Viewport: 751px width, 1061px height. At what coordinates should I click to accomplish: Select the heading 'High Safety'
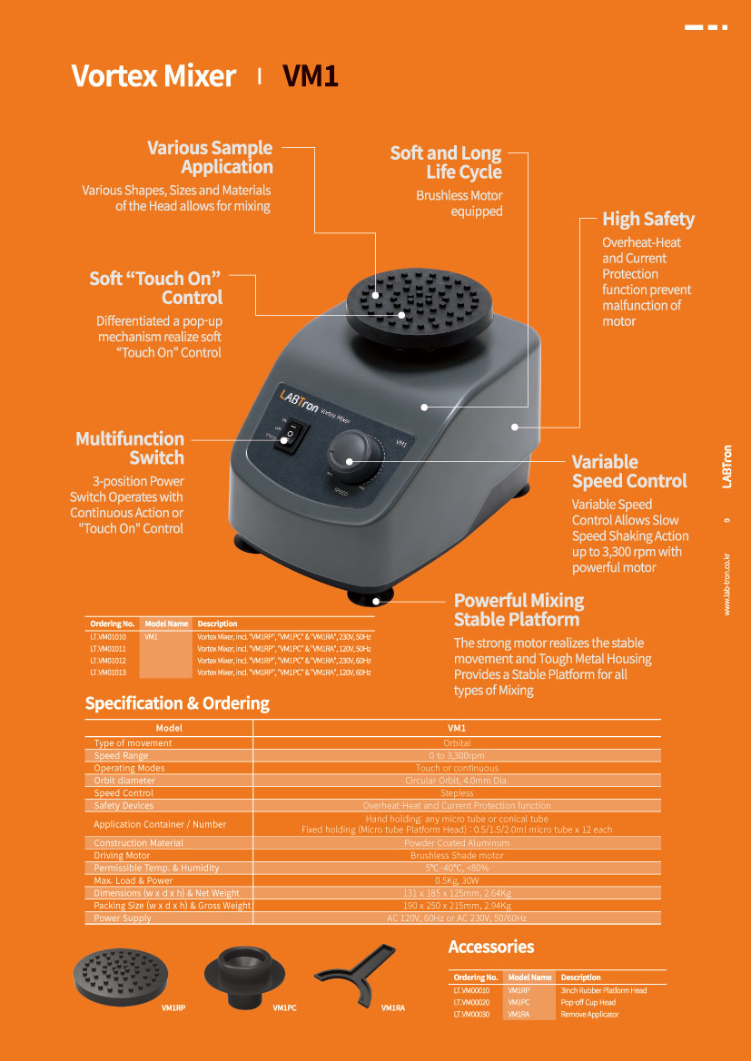coord(648,219)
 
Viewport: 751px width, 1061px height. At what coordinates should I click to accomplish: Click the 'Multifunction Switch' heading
coord(130,448)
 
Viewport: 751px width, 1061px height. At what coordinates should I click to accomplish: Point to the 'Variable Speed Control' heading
coord(629,471)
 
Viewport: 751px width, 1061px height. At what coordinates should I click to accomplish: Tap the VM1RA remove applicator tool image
coord(360,972)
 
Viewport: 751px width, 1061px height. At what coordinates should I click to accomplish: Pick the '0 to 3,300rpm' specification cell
coord(457,755)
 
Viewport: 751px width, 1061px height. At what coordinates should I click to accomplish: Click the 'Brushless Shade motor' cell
coord(457,855)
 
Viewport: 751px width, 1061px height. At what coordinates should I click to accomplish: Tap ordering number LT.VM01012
coord(108,661)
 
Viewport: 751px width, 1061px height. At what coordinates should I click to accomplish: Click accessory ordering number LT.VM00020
coord(471,1002)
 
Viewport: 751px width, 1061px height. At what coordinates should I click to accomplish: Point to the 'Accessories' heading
coord(491,947)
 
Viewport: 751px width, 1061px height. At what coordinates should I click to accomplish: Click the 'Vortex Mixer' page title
coord(153,76)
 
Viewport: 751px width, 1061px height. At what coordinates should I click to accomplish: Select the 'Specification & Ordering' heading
coord(177,703)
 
